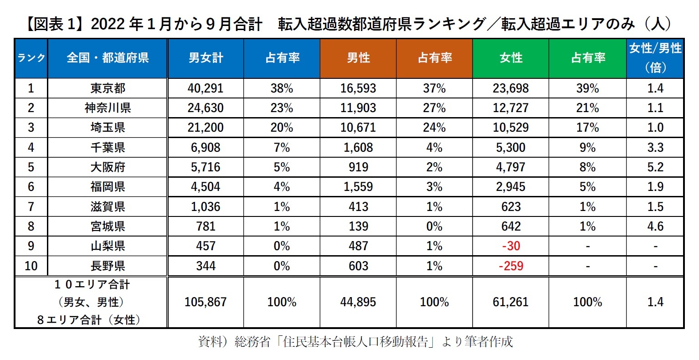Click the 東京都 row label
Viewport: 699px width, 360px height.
tap(108, 88)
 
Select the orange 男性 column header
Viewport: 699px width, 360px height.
tap(358, 58)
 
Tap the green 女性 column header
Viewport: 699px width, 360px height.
tap(511, 58)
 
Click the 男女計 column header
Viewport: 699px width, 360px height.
tap(206, 58)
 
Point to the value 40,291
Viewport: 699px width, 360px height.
tap(206, 88)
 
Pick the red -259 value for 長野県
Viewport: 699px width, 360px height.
tap(511, 266)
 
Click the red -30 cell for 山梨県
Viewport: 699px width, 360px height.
tap(511, 246)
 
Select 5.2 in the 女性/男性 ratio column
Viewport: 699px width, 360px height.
tap(655, 167)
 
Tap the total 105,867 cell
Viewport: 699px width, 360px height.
tap(206, 302)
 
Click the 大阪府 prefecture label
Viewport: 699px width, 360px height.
tap(108, 167)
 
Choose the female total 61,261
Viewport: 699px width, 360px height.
tap(511, 302)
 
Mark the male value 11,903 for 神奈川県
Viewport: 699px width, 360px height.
tap(358, 108)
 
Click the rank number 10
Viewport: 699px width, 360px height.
tap(31, 266)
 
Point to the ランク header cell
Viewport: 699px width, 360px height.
tap(31, 58)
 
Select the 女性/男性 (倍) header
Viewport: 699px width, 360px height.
tap(655, 58)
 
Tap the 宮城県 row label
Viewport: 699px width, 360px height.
tap(108, 226)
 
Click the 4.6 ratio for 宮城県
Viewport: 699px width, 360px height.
tap(655, 226)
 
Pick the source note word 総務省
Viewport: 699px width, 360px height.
tap(252, 342)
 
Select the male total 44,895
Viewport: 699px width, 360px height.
tap(358, 302)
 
